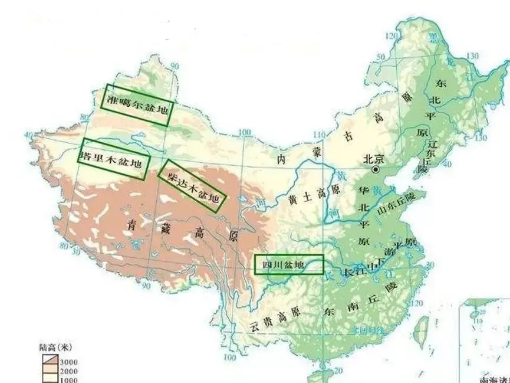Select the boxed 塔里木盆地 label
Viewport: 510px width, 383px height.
coord(113,159)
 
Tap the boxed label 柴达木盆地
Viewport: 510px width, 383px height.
coord(193,185)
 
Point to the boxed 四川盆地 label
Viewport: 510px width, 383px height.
coord(289,265)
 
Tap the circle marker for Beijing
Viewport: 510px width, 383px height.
coord(374,169)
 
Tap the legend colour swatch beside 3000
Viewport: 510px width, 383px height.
coord(49,359)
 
